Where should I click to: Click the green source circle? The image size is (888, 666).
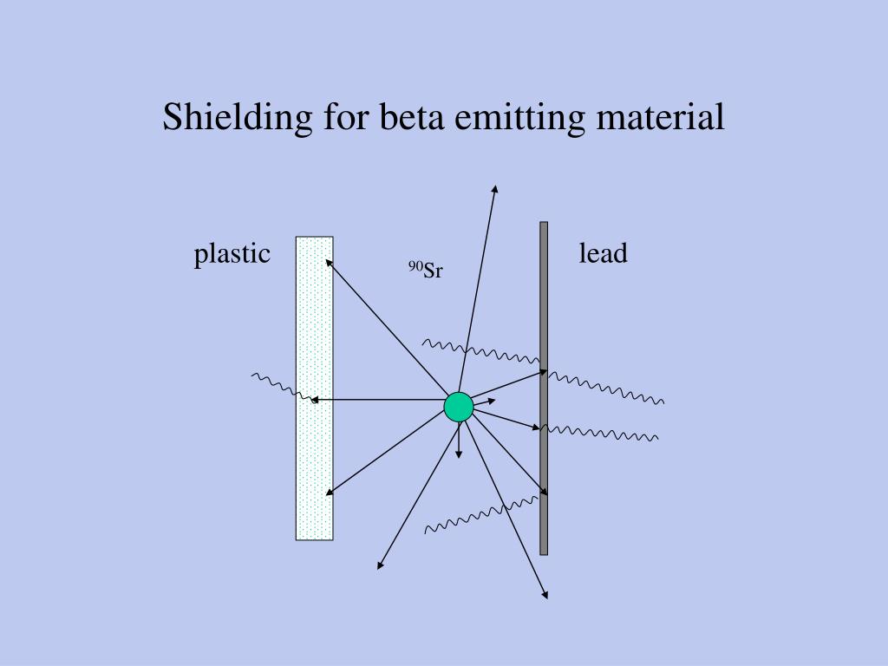[x=459, y=407]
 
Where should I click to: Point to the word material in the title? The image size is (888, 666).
[x=661, y=117]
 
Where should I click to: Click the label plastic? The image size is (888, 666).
[x=232, y=254]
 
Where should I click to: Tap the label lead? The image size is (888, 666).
[x=603, y=254]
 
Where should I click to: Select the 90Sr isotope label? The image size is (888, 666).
[x=426, y=271]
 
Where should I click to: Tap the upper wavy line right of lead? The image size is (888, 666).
[x=607, y=388]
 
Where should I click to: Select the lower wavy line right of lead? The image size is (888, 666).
[x=600, y=431]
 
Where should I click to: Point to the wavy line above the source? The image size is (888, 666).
[x=481, y=351]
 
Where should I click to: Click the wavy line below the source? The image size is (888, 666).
[x=481, y=514]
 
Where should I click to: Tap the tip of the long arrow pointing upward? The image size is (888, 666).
[x=495, y=186]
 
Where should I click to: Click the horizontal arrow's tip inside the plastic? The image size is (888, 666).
[x=313, y=400]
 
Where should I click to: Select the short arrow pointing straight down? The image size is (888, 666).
[x=459, y=442]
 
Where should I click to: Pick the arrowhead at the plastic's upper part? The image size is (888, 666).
[x=328, y=259]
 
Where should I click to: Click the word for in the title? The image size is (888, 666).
[x=347, y=117]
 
